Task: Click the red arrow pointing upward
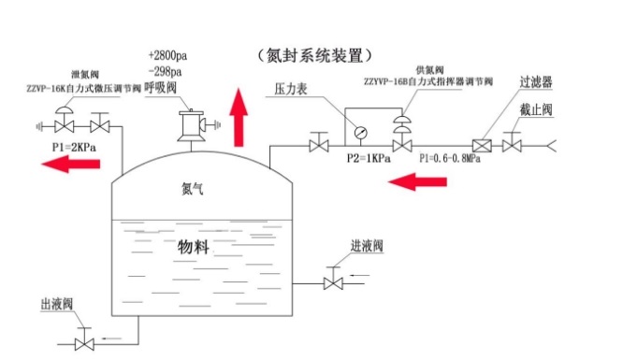(x=240, y=115)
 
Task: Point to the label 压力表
(x=292, y=91)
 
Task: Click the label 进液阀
(x=369, y=247)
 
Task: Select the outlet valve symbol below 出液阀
(x=83, y=342)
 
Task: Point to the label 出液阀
(x=56, y=305)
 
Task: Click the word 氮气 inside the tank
(x=193, y=188)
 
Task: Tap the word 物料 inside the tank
(x=193, y=247)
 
